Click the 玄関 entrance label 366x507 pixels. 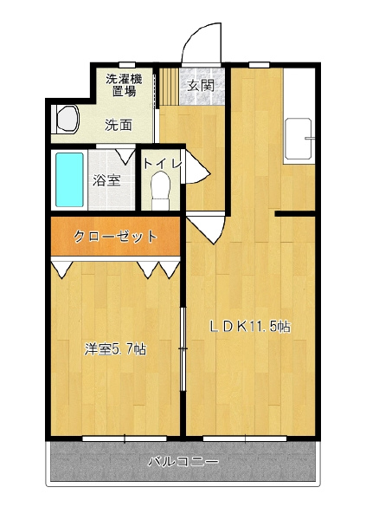201,86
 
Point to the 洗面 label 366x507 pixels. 119,126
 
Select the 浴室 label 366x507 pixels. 106,180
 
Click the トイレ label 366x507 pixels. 163,164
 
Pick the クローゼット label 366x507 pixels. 115,237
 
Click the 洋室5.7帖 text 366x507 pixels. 115,349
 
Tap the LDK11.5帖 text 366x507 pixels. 250,327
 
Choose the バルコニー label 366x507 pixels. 183,461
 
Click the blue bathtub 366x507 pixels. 69,179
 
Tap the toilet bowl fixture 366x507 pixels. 161,190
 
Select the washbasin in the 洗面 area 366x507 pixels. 67,119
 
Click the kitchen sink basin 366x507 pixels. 298,140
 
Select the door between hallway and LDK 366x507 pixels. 207,228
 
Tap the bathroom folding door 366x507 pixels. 124,155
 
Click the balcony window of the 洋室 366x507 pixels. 125,439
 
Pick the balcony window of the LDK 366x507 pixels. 245,439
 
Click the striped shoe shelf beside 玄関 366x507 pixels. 170,87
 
